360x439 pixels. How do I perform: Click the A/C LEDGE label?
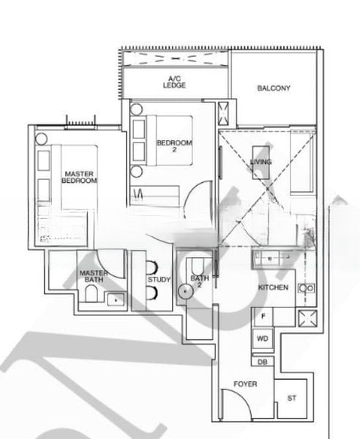click(174, 81)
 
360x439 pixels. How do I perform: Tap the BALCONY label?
click(274, 89)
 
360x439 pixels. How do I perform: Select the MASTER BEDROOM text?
click(79, 176)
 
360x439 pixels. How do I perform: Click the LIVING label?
click(260, 162)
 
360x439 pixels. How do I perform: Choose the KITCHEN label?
click(273, 288)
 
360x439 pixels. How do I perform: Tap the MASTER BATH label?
click(94, 277)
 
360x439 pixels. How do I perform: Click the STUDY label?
click(159, 279)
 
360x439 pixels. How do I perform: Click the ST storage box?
click(292, 398)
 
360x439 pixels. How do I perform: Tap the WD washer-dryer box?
click(262, 339)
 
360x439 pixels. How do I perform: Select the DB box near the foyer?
click(262, 361)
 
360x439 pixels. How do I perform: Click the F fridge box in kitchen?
click(262, 316)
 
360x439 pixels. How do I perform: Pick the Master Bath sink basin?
click(114, 298)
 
